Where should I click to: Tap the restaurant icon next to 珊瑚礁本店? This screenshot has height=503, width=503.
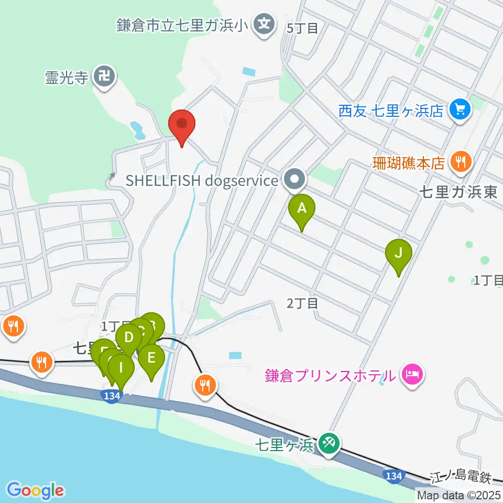(461, 162)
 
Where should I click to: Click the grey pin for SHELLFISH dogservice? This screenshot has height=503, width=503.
(294, 180)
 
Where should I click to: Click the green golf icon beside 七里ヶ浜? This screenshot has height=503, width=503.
(331, 445)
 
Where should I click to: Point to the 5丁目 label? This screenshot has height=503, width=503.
(303, 28)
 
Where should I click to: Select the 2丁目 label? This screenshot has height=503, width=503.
(302, 303)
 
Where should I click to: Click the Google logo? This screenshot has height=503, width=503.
(36, 490)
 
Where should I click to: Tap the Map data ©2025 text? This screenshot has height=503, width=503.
(459, 495)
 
